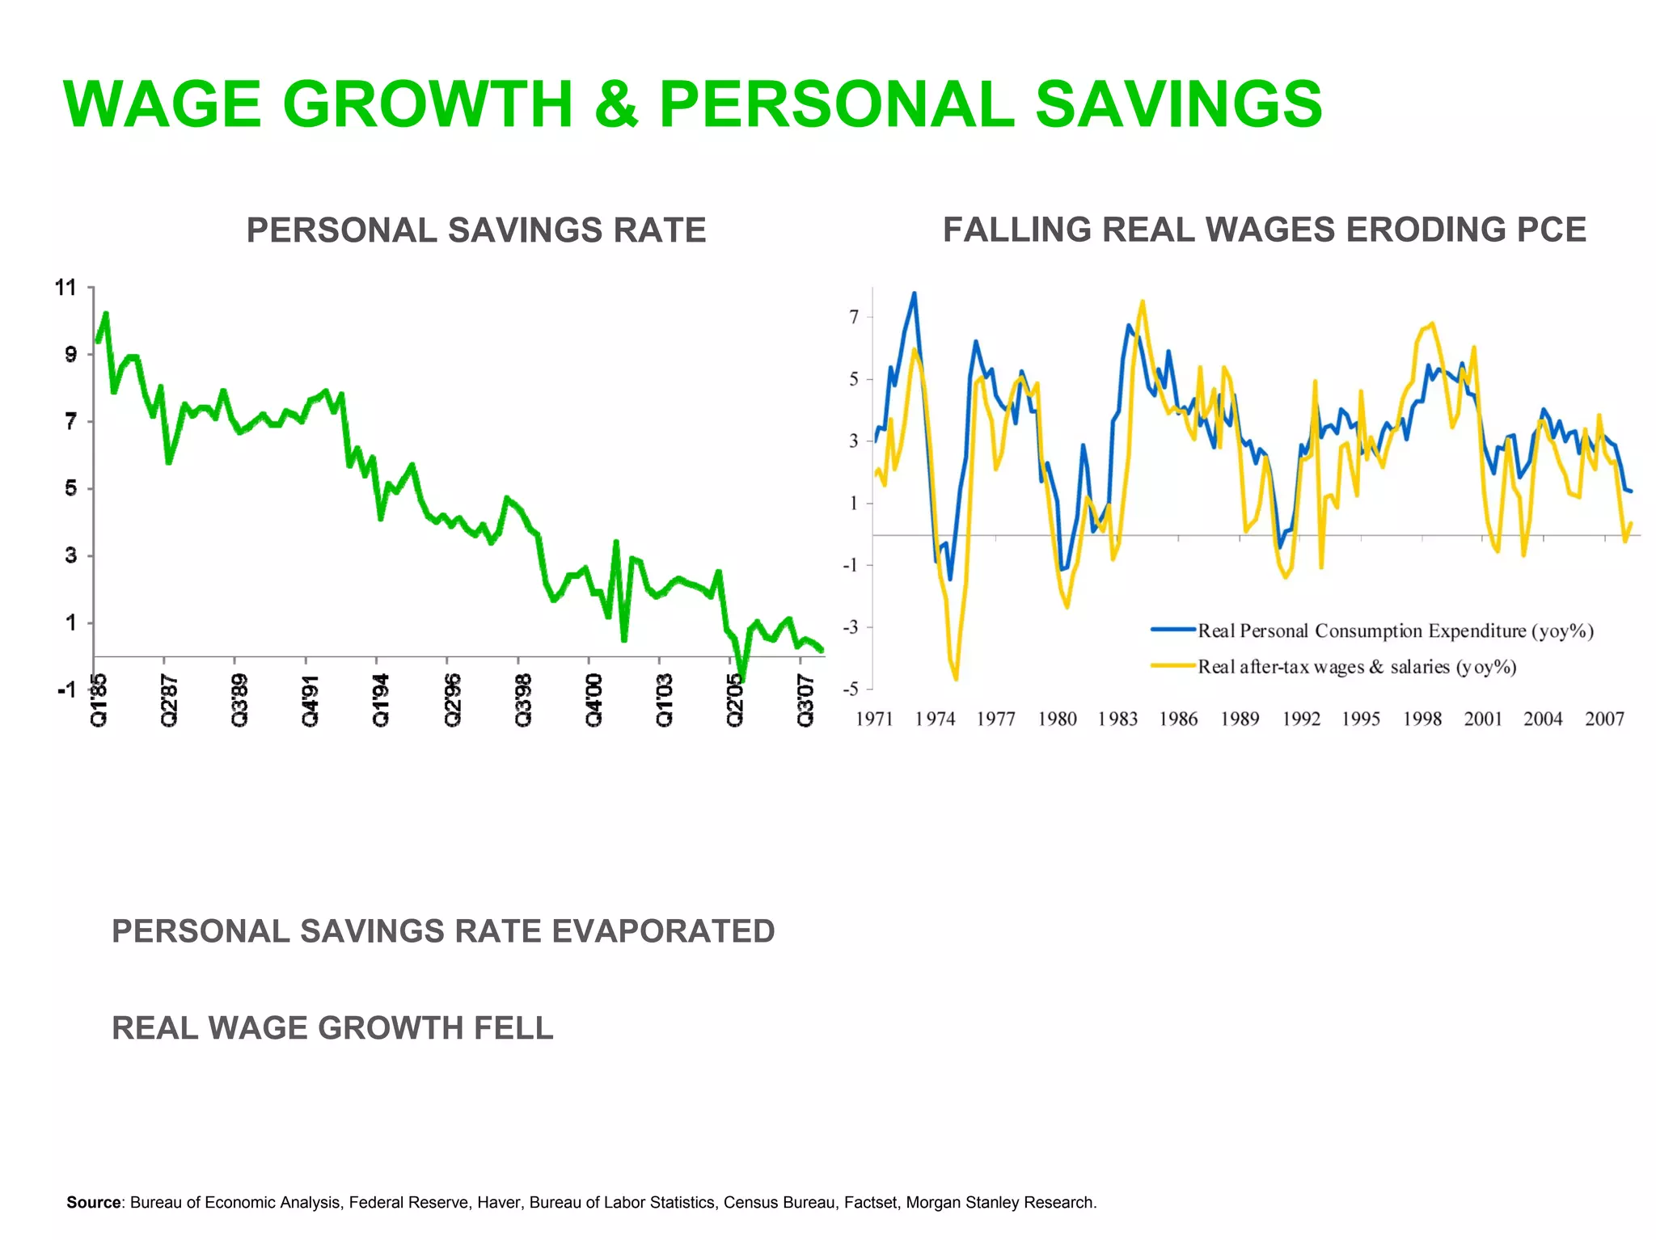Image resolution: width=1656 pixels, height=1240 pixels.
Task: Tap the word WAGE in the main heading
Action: pyautogui.click(x=162, y=104)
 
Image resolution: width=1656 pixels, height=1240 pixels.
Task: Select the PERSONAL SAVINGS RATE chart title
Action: pyautogui.click(x=475, y=230)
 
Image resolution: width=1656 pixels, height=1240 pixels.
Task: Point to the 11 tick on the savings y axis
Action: pyautogui.click(x=65, y=288)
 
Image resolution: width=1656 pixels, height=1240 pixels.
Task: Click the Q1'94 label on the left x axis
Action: pyautogui.click(x=380, y=700)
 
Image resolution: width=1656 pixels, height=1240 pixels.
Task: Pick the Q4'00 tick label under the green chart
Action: pyautogui.click(x=594, y=700)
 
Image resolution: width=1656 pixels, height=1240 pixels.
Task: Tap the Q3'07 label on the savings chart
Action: pyautogui.click(x=805, y=700)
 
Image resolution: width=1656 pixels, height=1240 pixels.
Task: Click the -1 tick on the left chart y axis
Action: pyautogui.click(x=66, y=690)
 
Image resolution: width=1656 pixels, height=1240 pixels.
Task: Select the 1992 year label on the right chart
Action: pyautogui.click(x=1300, y=719)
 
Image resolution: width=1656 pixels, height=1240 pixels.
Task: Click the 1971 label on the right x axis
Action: pyautogui.click(x=874, y=719)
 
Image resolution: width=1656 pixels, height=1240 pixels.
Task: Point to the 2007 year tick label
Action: pyautogui.click(x=1604, y=719)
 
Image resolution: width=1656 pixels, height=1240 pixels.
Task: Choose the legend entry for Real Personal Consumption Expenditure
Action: pyautogui.click(x=1395, y=631)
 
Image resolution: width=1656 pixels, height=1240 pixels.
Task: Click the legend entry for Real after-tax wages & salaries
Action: pyautogui.click(x=1356, y=667)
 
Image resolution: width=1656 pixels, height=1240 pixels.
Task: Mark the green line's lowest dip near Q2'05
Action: pyautogui.click(x=742, y=680)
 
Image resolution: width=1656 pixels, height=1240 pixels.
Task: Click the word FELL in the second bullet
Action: pyautogui.click(x=513, y=1028)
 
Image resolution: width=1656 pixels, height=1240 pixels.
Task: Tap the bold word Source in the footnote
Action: pyautogui.click(x=94, y=1202)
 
